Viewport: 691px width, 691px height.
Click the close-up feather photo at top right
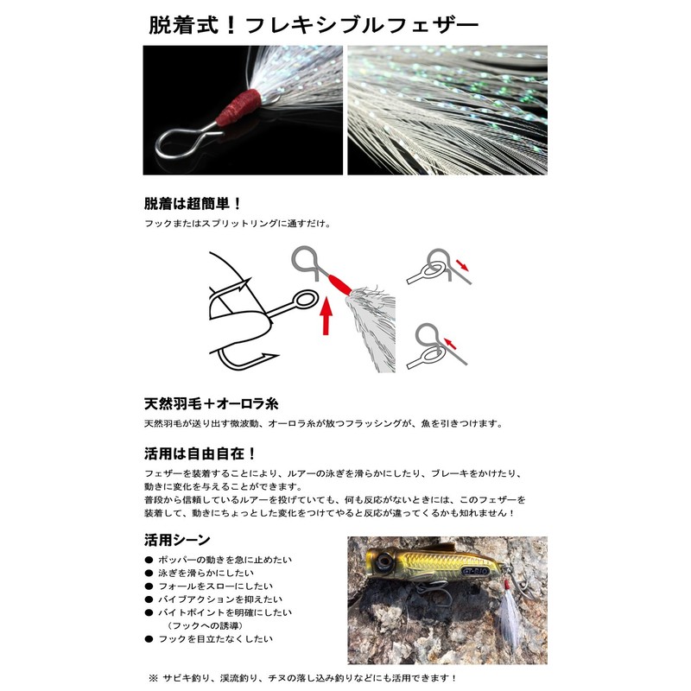coord(447,110)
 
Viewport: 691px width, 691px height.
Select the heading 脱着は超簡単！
coord(193,205)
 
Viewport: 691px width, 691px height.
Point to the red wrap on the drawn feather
coord(339,282)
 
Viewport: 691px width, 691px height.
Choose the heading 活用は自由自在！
coord(200,453)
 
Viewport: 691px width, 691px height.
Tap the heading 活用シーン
coord(176,541)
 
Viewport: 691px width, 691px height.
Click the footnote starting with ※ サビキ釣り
coord(302,678)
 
